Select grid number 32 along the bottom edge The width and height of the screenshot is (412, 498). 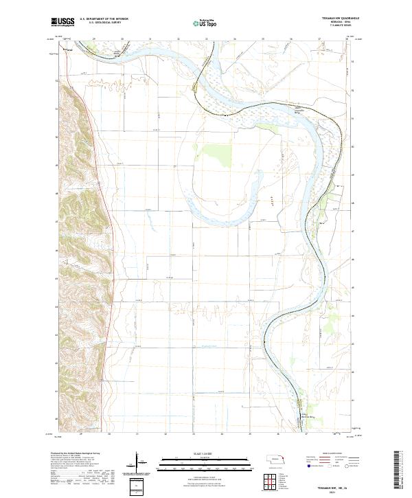coord(165,435)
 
